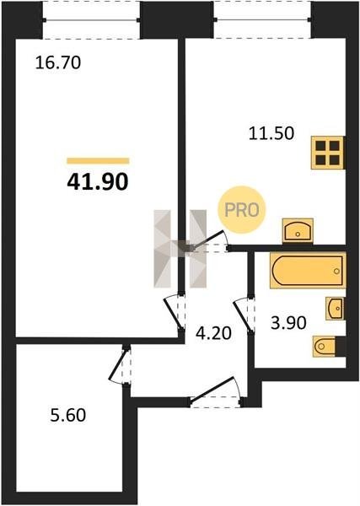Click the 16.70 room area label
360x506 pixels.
click(57, 62)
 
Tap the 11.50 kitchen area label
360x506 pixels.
click(271, 133)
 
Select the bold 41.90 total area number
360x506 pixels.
click(98, 182)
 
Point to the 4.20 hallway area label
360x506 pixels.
click(213, 333)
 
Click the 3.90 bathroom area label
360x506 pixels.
click(288, 323)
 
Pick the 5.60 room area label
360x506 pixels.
click(68, 415)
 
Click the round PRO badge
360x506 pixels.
click(241, 210)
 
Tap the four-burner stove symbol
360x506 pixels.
click(327, 153)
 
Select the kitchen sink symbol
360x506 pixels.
click(298, 230)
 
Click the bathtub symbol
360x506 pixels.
click(308, 271)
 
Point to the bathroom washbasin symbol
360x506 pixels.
click(335, 309)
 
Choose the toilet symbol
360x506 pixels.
click(325, 347)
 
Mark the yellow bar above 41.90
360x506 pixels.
click(98, 161)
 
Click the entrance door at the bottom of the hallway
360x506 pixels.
click(215, 392)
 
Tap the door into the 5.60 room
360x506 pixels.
click(120, 364)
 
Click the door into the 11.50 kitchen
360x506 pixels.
click(209, 241)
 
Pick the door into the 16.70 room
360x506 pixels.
click(175, 312)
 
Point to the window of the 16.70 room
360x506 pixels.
click(91, 20)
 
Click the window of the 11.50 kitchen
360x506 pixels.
click(262, 20)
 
